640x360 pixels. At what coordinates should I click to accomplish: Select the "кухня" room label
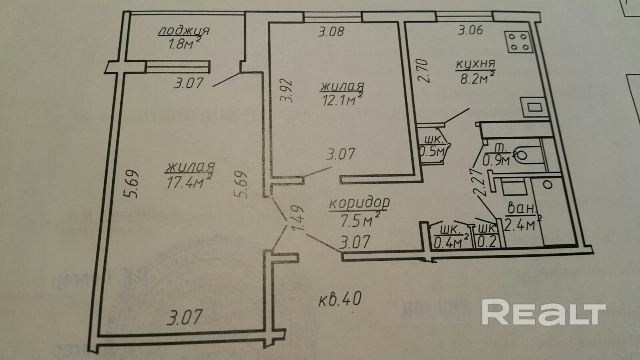click(x=476, y=64)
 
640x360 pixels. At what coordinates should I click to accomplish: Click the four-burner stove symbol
click(x=520, y=42)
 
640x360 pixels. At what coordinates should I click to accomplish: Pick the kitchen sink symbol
click(x=533, y=107)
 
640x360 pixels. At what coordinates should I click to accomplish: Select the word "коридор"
click(x=359, y=203)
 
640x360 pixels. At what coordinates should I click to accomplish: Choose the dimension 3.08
click(x=331, y=31)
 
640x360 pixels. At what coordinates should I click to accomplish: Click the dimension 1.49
click(x=298, y=219)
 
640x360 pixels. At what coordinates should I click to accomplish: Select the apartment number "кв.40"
click(x=340, y=298)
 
